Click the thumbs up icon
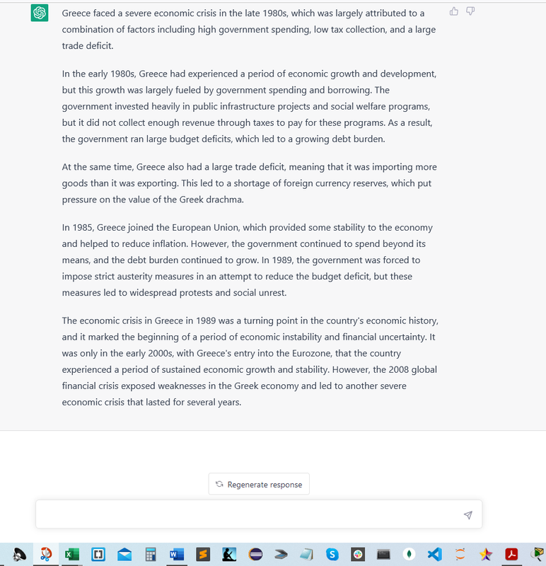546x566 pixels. click(454, 11)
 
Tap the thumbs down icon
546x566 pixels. click(470, 11)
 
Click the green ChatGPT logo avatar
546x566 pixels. click(40, 13)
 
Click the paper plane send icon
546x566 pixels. click(467, 515)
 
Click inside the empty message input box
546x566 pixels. click(248, 515)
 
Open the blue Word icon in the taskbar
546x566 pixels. click(177, 553)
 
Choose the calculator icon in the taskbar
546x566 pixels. click(150, 553)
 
